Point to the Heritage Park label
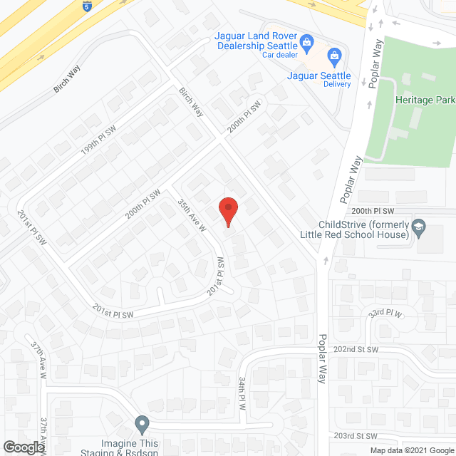pos(425,100)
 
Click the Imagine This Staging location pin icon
pos(142,425)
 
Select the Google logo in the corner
pos(23,447)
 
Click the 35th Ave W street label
pos(192,214)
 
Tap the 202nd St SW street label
pos(356,349)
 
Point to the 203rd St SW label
pos(356,436)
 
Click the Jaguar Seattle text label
pos(318,76)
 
